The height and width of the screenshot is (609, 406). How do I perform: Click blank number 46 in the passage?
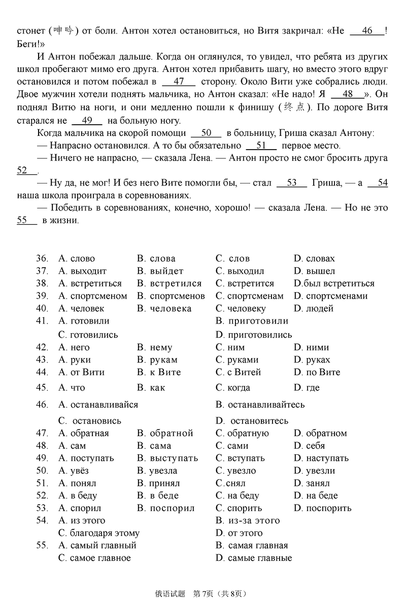(367, 31)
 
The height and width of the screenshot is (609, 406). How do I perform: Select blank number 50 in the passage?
(206, 133)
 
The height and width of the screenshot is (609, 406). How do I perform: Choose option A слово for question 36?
(77, 259)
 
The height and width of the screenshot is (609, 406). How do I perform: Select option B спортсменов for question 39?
(171, 296)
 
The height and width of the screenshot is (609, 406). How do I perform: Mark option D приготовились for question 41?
(254, 335)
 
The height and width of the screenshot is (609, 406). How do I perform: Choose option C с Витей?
(238, 372)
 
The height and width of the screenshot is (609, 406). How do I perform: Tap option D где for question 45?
(306, 388)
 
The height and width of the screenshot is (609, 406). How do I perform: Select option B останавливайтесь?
(260, 405)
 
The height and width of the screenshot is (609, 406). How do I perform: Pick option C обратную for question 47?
(242, 434)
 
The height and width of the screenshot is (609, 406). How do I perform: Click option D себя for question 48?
(309, 446)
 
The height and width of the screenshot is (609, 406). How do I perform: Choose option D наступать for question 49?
(321, 458)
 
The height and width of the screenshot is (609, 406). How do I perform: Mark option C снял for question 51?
(230, 483)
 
